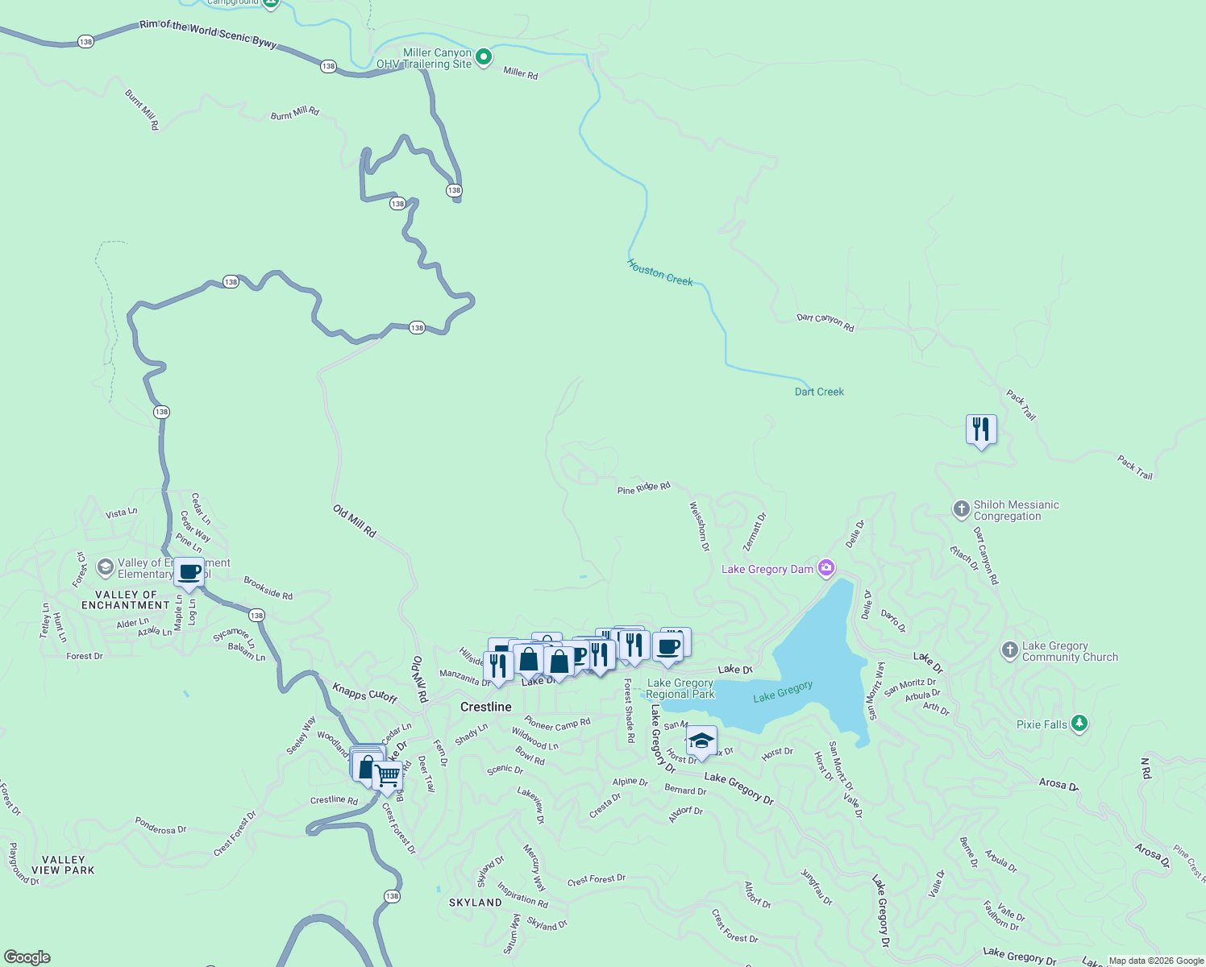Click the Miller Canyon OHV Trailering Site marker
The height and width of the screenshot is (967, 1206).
(484, 57)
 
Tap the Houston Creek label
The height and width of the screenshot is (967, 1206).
(660, 272)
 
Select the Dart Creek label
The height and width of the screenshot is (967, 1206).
(819, 392)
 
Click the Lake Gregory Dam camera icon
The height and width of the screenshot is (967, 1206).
(825, 569)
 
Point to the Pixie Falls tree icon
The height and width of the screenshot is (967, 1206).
(1079, 724)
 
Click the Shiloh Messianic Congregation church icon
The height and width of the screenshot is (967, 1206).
(961, 509)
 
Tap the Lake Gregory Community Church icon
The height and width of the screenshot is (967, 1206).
(1009, 651)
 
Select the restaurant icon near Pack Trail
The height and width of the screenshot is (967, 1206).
(981, 430)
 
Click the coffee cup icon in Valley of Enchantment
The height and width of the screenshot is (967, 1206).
(189, 573)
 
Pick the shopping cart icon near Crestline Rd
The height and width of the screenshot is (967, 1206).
(388, 776)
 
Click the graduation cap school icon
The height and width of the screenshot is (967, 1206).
(701, 741)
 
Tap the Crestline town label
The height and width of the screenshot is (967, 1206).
(485, 707)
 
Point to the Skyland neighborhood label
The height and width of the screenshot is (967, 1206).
(475, 903)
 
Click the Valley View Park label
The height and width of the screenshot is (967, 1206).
(63, 865)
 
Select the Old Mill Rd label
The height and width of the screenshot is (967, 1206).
(355, 521)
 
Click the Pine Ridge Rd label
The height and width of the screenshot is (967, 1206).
(643, 488)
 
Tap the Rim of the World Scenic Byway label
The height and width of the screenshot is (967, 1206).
(208, 34)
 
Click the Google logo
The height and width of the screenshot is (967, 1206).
(27, 957)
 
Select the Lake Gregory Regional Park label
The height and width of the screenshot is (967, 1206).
(680, 688)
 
